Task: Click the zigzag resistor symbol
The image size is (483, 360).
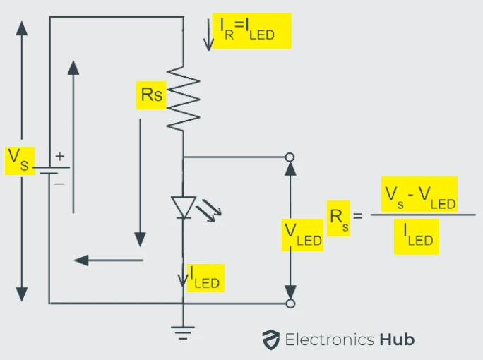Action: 183,98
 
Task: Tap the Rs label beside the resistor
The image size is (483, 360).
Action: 150,95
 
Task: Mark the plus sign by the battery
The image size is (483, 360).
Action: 59,156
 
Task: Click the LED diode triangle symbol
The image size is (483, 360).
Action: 183,207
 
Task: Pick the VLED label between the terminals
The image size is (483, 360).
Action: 302,234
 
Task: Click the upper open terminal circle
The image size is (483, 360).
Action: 289,157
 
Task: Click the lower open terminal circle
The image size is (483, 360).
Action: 289,304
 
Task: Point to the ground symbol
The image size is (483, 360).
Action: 183,330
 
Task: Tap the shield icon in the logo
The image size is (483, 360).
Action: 270,340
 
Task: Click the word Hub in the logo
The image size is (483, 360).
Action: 396,340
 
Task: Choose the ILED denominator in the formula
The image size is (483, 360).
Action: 417,236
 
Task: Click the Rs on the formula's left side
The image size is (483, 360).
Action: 338,217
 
